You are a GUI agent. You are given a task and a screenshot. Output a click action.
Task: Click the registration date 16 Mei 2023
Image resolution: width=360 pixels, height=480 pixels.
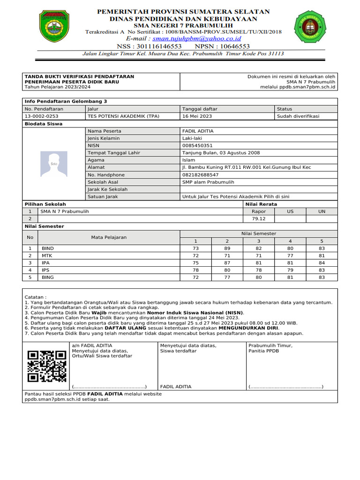click(197, 116)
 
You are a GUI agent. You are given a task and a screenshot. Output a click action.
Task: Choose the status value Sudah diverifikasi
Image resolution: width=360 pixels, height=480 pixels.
click(298, 116)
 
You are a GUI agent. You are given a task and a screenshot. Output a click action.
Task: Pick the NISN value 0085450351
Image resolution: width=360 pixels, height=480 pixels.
click(197, 146)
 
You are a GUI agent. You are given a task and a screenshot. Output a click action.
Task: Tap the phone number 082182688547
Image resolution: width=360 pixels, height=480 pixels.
click(200, 175)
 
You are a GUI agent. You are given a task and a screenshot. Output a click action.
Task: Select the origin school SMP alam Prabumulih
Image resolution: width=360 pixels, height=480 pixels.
click(208, 182)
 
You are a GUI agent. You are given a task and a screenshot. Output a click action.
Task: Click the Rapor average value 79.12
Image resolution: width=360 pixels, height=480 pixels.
click(258, 218)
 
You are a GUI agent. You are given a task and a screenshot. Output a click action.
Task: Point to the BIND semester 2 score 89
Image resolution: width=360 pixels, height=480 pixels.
click(227, 248)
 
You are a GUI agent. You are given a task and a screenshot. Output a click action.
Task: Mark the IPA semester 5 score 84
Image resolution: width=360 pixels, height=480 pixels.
click(322, 262)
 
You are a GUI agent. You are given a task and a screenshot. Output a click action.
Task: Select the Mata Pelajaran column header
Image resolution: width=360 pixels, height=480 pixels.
click(109, 237)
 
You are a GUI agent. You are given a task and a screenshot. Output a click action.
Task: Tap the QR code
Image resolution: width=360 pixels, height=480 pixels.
click(47, 367)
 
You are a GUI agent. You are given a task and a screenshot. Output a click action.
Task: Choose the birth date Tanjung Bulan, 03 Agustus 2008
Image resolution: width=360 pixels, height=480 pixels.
click(221, 153)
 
